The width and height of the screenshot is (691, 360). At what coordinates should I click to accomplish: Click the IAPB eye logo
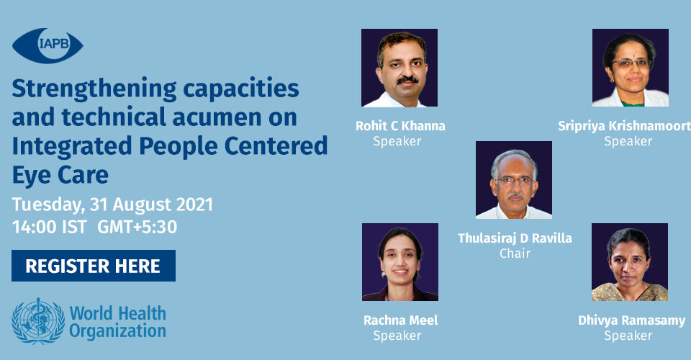pos(48,45)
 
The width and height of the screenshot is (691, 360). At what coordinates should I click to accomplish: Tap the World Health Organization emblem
pos(38,321)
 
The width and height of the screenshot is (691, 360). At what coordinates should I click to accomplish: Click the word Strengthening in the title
pos(94,89)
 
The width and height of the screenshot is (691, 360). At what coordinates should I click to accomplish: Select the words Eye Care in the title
pos(60,174)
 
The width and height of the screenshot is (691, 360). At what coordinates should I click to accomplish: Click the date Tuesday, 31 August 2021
pos(112,205)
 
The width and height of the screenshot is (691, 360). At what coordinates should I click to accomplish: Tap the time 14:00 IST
pos(50,227)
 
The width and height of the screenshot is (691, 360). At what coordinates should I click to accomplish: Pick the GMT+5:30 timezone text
pos(137,227)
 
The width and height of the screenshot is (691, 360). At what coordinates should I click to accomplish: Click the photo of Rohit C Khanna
pos(399,68)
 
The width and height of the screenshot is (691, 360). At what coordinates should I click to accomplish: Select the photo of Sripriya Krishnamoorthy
pos(631,68)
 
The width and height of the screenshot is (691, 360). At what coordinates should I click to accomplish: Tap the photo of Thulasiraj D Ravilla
pos(514,180)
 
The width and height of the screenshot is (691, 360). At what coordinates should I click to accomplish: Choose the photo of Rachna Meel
pos(400,262)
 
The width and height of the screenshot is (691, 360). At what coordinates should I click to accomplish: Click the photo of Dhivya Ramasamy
pos(630,262)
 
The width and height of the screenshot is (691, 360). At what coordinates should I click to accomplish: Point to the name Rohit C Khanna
pos(401,126)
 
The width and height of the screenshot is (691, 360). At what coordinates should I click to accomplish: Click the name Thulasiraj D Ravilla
pos(515,238)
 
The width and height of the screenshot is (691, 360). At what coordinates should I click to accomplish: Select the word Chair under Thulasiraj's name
pos(515,253)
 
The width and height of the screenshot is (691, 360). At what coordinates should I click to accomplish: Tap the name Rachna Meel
pos(401,320)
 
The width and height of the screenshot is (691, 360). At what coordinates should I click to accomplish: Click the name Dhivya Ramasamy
pos(631,321)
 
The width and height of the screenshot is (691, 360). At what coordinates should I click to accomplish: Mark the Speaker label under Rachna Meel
pos(397,336)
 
